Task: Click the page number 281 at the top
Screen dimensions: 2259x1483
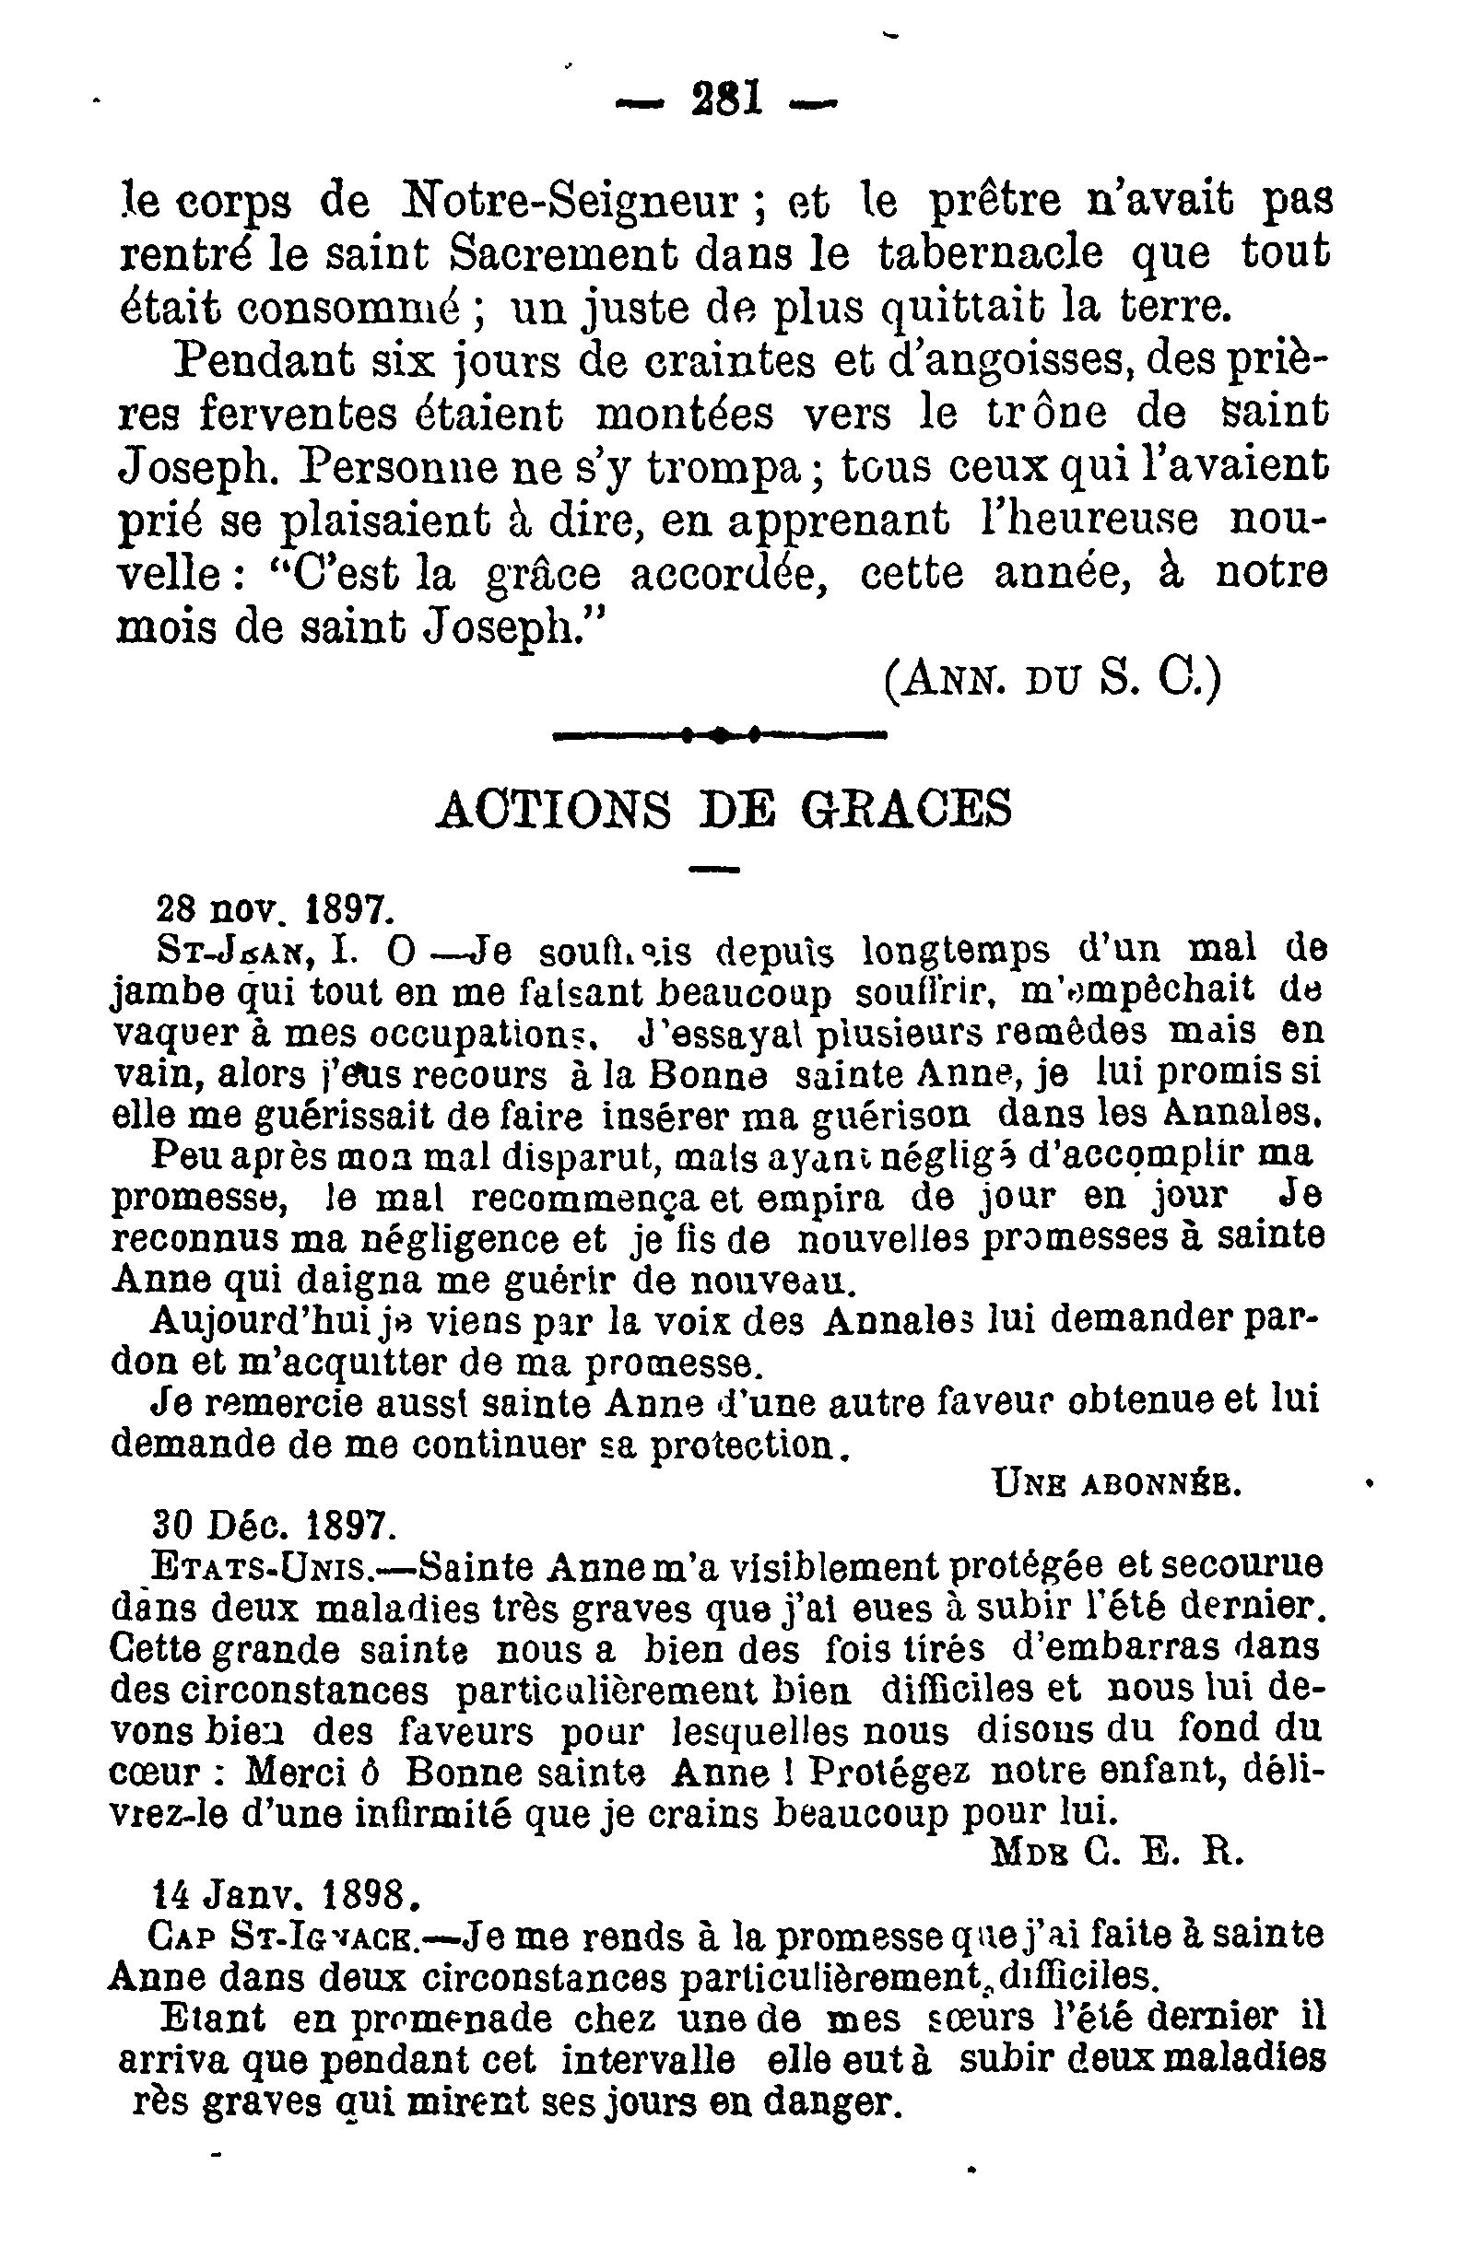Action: point(726,99)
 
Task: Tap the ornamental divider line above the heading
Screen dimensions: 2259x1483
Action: point(720,733)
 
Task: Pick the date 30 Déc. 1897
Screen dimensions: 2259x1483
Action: point(272,1526)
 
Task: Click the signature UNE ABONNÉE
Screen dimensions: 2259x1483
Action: point(1116,1483)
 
